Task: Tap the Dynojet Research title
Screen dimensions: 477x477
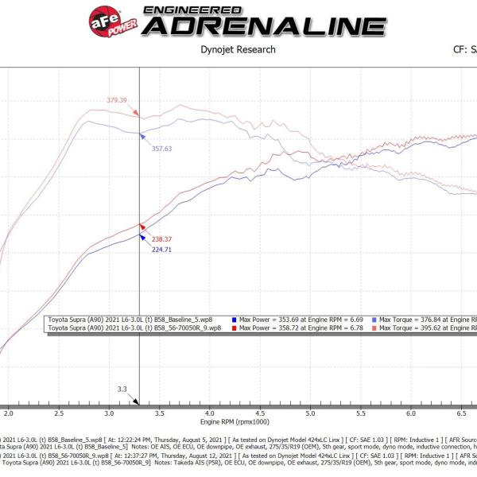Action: click(238, 49)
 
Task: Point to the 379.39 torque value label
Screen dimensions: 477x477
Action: click(117, 100)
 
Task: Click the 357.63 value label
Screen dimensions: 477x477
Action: click(161, 148)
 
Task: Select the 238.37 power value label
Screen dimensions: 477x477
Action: click(162, 238)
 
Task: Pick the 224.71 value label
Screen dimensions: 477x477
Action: click(162, 249)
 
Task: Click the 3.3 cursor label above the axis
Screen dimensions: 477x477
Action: click(122, 390)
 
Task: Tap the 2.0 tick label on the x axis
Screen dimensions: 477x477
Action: click(9, 414)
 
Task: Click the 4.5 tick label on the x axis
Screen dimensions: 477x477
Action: click(260, 414)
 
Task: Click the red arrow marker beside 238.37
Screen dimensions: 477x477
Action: click(142, 227)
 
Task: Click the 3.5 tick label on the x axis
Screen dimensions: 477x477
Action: click(160, 414)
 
